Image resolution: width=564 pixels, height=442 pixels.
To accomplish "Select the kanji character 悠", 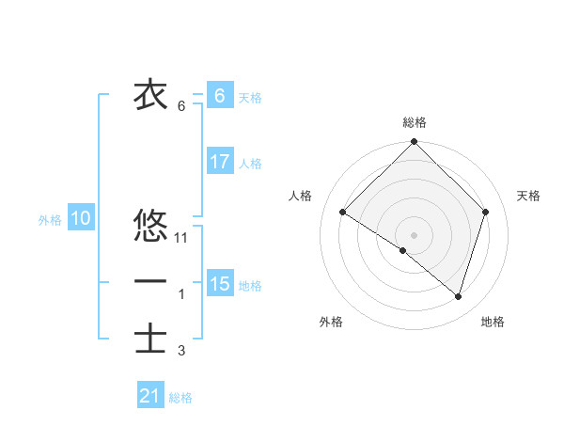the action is coord(150,226).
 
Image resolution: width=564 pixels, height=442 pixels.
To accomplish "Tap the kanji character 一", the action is coord(150,281).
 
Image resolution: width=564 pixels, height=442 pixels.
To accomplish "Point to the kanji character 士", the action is coord(150,338).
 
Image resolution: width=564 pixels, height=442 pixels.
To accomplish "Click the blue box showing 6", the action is coord(219,96).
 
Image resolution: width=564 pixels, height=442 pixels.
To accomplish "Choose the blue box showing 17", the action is coord(219,162).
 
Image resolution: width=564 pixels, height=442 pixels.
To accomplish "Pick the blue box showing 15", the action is coord(219,284).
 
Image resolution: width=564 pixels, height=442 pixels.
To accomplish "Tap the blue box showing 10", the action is coord(81,219).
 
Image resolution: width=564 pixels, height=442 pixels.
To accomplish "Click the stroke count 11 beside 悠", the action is coord(182,238).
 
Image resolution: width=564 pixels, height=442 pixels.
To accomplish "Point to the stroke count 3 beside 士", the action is coord(181,351).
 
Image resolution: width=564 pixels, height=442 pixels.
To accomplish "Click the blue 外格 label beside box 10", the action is coord(50,220).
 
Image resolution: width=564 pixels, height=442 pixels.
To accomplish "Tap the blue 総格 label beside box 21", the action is coord(180,398).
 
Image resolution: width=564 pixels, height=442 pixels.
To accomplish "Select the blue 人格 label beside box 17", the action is coord(250,164).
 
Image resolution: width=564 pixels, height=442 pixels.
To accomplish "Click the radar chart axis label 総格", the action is coord(415,122).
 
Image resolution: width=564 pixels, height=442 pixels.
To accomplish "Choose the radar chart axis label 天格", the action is coord(529,196).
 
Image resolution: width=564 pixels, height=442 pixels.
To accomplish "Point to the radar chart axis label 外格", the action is coord(331,322).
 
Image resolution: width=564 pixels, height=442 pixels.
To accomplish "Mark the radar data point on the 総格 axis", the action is coord(414,142).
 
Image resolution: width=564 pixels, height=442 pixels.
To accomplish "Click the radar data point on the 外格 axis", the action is coord(403,250).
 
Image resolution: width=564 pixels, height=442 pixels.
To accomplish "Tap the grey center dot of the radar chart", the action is coord(414,234).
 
